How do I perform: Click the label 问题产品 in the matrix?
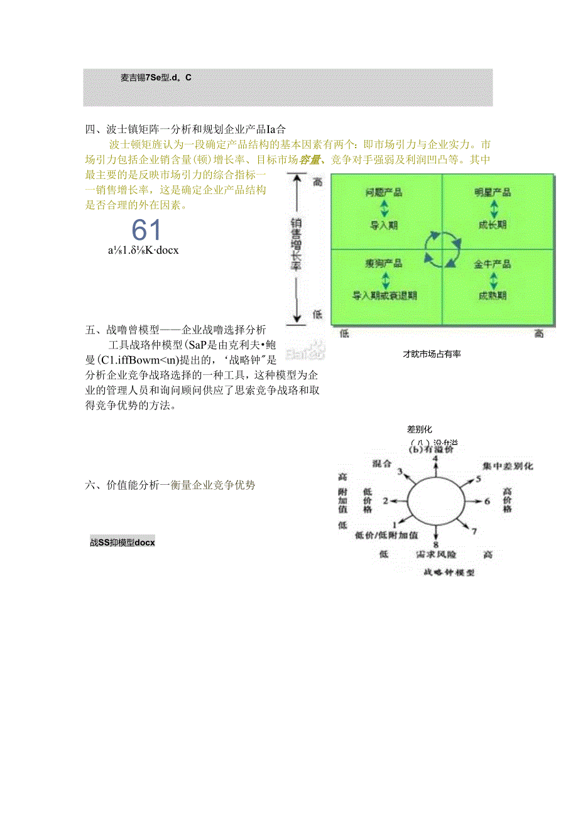pyautogui.click(x=383, y=192)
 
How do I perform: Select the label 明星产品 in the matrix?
pyautogui.click(x=493, y=192)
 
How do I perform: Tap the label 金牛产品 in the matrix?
pyautogui.click(x=493, y=264)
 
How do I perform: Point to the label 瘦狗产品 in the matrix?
pyautogui.click(x=384, y=263)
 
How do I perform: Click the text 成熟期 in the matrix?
pyautogui.click(x=493, y=295)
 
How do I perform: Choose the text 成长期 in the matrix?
pyautogui.click(x=493, y=224)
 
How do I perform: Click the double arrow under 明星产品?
pyautogui.click(x=493, y=208)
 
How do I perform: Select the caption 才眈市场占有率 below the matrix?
pyautogui.click(x=432, y=354)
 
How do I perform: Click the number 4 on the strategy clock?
pyautogui.click(x=435, y=459)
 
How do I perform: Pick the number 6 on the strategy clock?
pyautogui.click(x=486, y=501)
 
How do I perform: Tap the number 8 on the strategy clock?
pyautogui.click(x=435, y=545)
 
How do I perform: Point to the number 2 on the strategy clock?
pyautogui.click(x=386, y=501)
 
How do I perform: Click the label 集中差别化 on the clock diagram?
pyautogui.click(x=508, y=467)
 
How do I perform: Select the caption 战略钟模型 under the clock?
pyautogui.click(x=449, y=572)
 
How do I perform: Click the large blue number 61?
pyautogui.click(x=147, y=230)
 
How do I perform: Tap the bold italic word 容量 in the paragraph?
pyautogui.click(x=308, y=160)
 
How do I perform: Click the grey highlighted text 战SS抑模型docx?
pyautogui.click(x=123, y=542)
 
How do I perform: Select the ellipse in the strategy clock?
pyautogui.click(x=435, y=500)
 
